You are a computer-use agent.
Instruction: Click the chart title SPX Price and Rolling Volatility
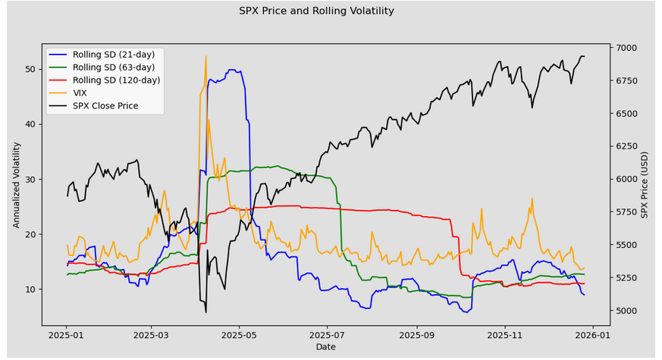click(316, 11)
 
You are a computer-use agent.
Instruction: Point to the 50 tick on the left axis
click(30, 69)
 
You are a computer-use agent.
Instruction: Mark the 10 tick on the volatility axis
click(30, 289)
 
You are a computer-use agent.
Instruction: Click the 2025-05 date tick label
click(239, 336)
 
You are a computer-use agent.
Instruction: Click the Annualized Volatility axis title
click(17, 185)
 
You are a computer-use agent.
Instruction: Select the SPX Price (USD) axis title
click(645, 185)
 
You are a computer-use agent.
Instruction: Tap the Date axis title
click(326, 347)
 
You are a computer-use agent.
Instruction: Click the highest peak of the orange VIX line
click(206, 56)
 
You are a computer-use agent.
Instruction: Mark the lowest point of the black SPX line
click(206, 312)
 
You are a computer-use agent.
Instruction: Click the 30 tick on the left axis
click(30, 180)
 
